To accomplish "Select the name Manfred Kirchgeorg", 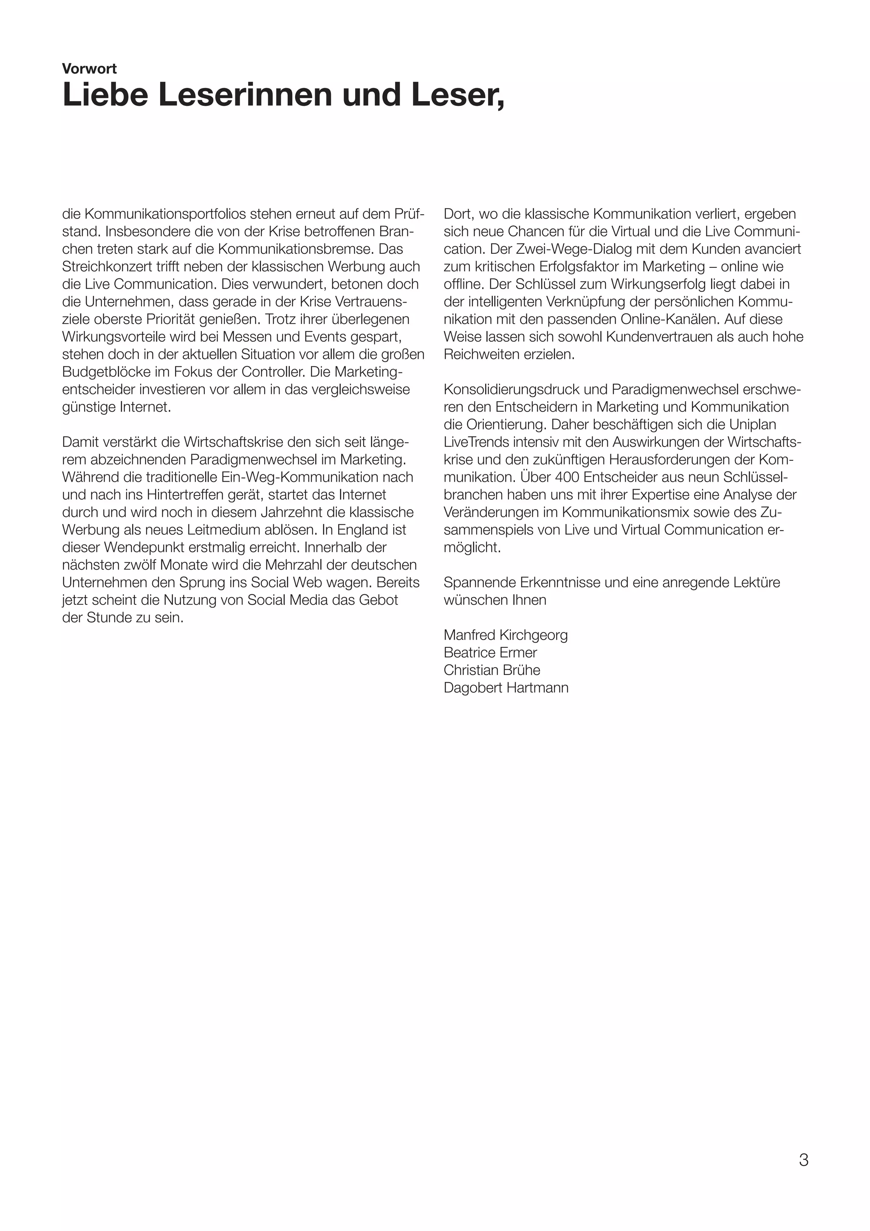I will pos(505,635).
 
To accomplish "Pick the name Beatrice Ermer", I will pos(490,652).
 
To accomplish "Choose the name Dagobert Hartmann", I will pos(506,688).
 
